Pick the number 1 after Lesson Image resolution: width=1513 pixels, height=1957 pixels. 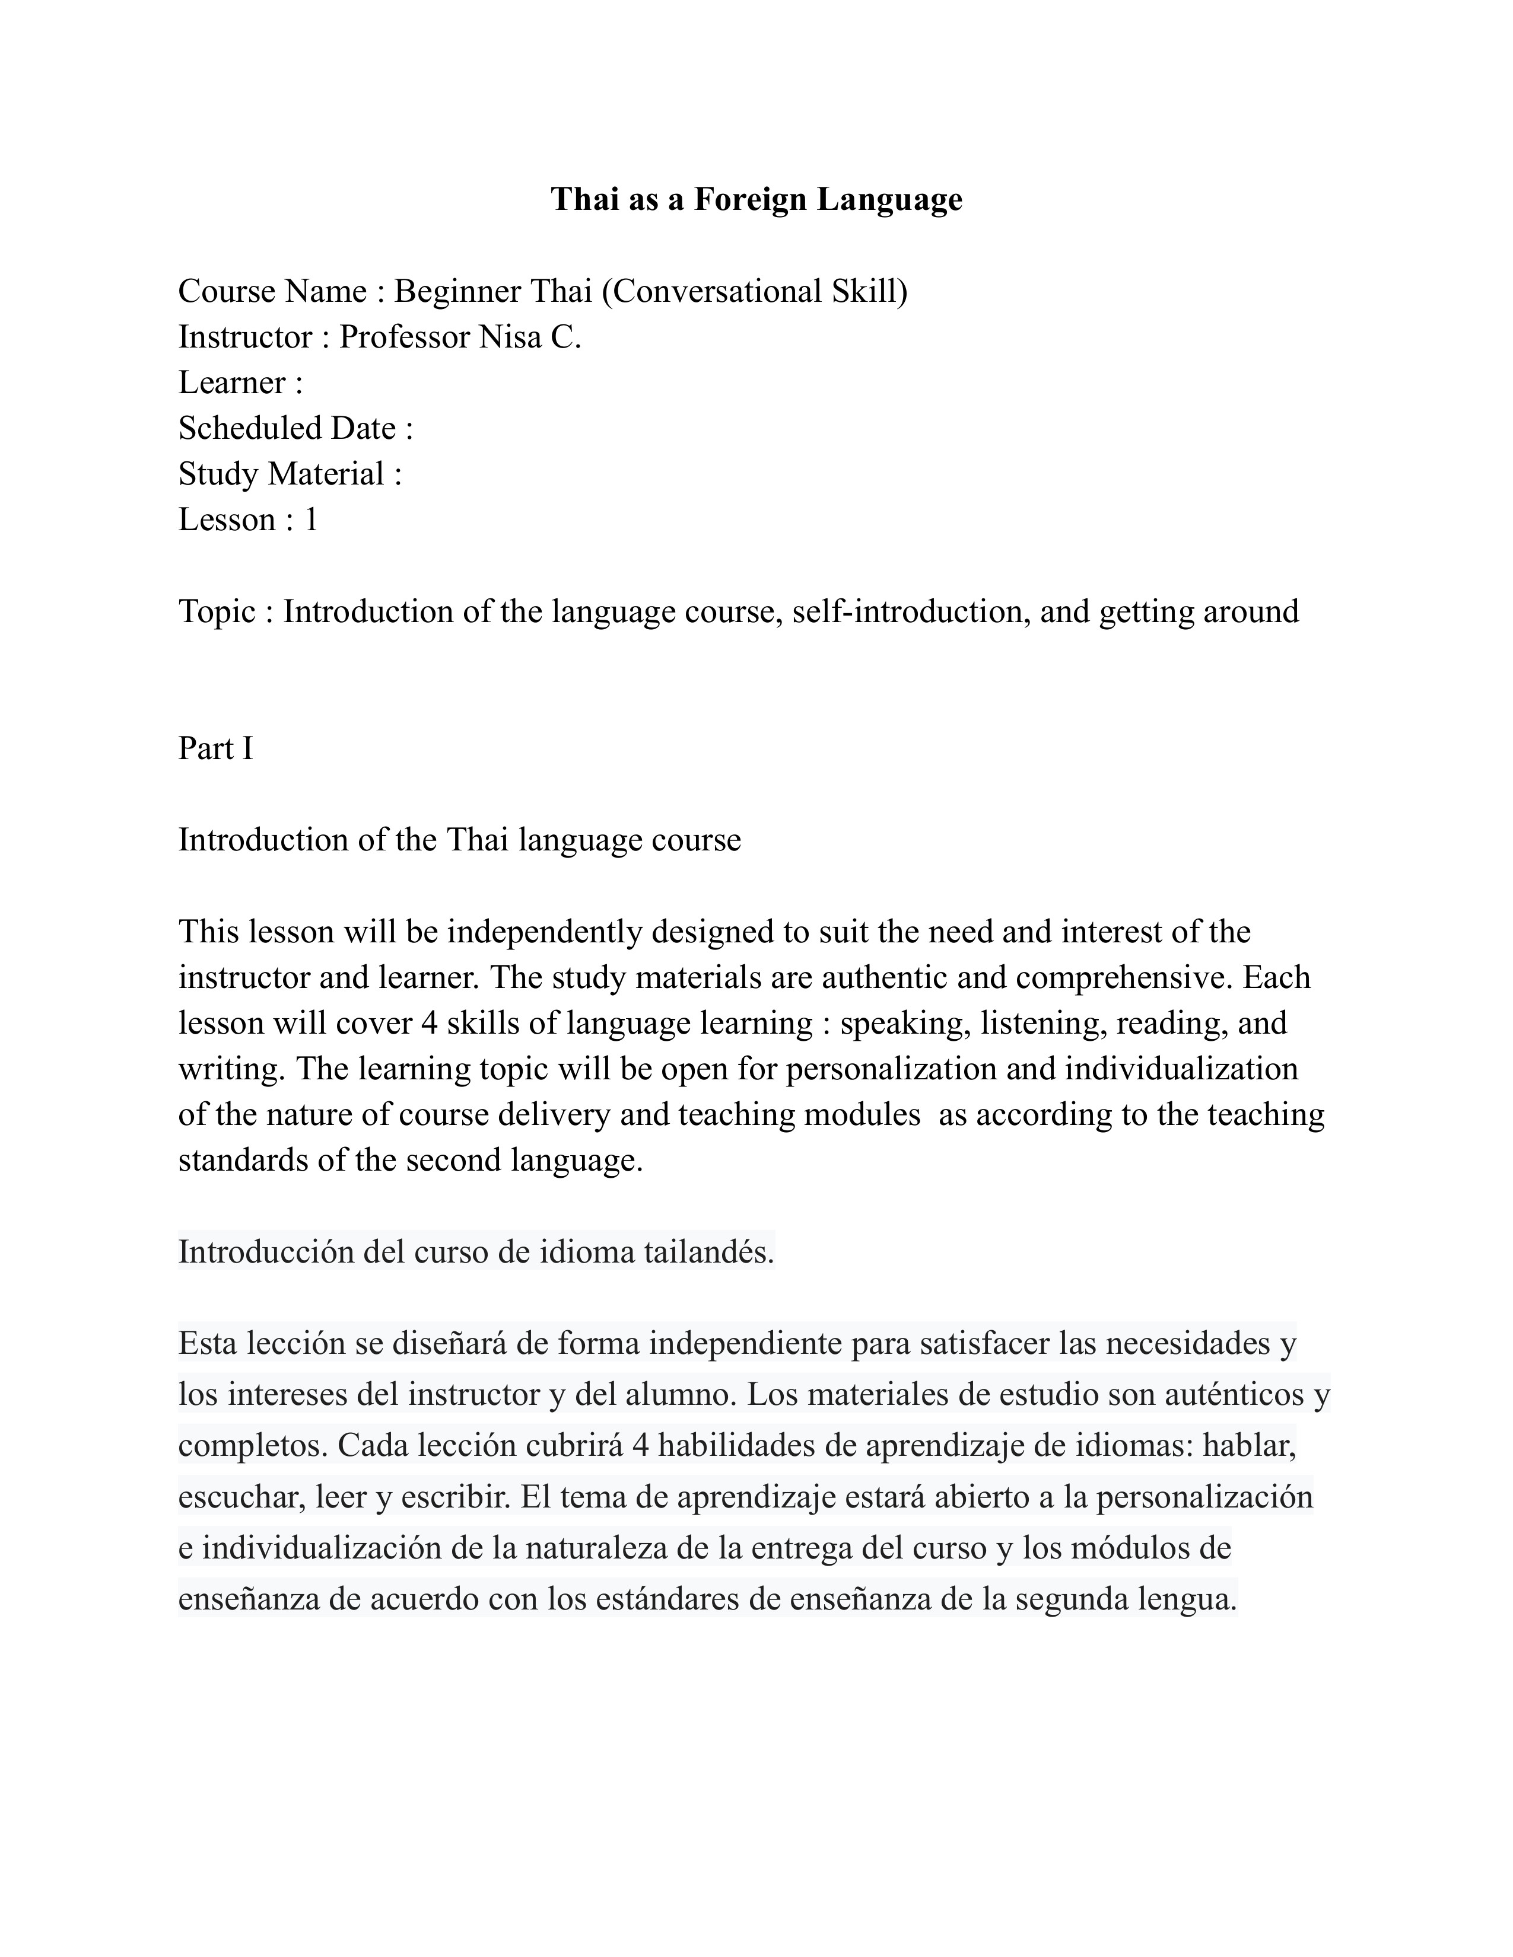point(311,519)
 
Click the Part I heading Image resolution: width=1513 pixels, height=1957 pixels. point(215,748)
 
